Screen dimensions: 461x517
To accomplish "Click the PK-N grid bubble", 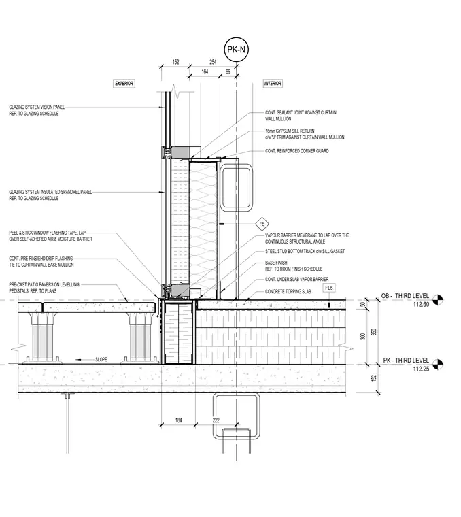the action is (x=236, y=50).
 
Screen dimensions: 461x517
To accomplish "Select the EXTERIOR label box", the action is (x=124, y=84).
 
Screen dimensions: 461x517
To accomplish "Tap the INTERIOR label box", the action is (x=273, y=84).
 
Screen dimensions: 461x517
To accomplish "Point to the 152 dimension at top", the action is (x=175, y=62).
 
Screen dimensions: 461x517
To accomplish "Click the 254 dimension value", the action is (x=213, y=62).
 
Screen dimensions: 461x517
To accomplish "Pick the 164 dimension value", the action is (x=205, y=71).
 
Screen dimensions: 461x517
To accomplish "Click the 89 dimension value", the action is (x=228, y=71).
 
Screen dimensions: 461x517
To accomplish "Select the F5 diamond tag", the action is (x=262, y=224).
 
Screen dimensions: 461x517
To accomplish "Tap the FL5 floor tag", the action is (x=329, y=288).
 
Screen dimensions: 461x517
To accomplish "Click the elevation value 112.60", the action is (x=421, y=304).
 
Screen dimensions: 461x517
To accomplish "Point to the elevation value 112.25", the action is (x=421, y=369).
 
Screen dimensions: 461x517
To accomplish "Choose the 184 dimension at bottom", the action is (x=179, y=420).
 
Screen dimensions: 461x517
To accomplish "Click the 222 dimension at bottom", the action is (x=216, y=420).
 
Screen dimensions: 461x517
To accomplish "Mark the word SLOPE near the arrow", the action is (x=101, y=359).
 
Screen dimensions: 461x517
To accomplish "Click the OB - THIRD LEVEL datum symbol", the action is (x=438, y=299).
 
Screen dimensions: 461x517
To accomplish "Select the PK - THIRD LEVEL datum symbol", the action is (x=438, y=364).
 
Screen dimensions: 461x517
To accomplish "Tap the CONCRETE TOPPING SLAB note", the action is (x=288, y=291).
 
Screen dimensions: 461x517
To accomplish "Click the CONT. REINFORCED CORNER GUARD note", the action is (x=297, y=151).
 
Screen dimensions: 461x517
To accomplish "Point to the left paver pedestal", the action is (x=42, y=337).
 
